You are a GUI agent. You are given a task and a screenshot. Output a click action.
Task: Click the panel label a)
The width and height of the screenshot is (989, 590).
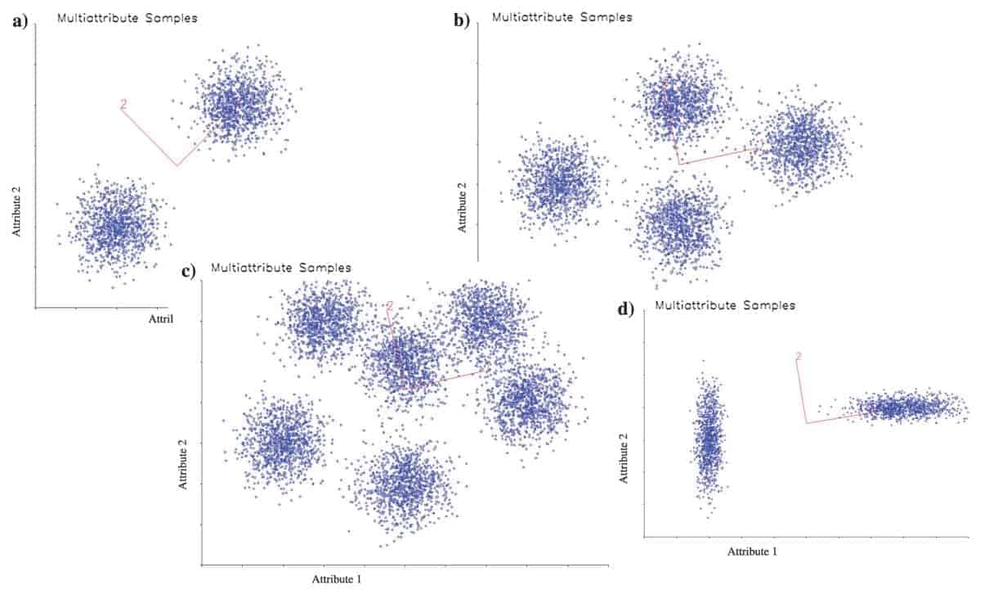[x=20, y=22]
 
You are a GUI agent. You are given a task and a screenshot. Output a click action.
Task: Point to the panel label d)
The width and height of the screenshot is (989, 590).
[x=626, y=309]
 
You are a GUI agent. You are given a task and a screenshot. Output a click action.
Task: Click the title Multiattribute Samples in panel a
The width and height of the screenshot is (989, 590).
[x=127, y=17]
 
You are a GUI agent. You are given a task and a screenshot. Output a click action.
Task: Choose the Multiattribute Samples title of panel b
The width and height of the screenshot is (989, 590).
[x=562, y=16]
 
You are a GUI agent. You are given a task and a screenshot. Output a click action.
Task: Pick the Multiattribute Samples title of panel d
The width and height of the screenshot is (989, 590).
[x=725, y=305]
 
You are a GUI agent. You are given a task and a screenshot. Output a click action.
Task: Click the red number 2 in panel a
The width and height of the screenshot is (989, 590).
[x=123, y=104]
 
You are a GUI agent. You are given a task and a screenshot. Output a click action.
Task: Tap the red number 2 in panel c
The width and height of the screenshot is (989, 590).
[x=390, y=305]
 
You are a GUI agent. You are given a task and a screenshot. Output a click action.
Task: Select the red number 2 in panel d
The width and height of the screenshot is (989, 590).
[x=799, y=356]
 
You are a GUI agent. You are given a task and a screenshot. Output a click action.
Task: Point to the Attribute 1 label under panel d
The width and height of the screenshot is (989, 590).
[x=752, y=552]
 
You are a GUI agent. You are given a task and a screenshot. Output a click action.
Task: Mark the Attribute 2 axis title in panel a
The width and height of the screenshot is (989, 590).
[x=16, y=211]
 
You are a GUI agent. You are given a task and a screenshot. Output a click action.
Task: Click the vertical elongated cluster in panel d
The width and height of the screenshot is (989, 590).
[x=709, y=442]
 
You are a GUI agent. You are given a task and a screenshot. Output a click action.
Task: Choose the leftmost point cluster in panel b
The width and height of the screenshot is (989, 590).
[x=558, y=186]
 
